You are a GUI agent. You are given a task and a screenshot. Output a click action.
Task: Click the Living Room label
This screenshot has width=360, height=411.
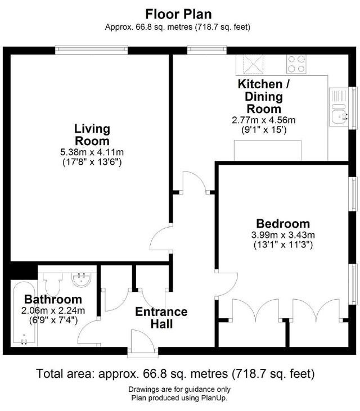click(x=92, y=135)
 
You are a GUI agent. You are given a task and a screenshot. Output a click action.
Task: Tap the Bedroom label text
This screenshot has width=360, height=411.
click(x=283, y=224)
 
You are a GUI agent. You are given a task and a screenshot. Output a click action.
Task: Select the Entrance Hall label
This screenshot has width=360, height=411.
click(x=161, y=318)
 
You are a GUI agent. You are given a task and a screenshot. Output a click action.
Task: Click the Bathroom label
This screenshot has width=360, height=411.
click(x=53, y=299)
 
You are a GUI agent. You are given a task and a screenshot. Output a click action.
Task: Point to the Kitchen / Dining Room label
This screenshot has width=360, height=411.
click(x=264, y=97)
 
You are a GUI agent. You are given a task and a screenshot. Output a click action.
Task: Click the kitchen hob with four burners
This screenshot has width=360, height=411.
click(x=296, y=64)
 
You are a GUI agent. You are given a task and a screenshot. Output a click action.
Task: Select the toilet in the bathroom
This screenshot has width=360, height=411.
click(x=53, y=284)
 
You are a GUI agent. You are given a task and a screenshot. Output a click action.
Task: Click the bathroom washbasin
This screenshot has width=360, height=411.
click(x=82, y=279)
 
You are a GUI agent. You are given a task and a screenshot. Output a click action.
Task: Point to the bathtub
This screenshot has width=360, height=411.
click(x=24, y=314)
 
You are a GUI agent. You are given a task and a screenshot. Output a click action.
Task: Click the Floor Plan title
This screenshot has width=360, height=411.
click(x=178, y=14)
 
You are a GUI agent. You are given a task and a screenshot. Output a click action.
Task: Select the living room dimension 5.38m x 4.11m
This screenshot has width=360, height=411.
click(x=92, y=152)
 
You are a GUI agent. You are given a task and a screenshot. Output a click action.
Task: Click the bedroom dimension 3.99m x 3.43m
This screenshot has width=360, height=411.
click(x=283, y=235)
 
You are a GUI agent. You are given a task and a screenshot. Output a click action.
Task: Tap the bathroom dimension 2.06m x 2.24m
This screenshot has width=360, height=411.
click(x=53, y=310)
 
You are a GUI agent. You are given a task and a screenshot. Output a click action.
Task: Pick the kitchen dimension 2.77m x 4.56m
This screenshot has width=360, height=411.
click(x=264, y=120)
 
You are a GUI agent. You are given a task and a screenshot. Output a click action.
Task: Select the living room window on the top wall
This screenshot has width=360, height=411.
click(x=92, y=50)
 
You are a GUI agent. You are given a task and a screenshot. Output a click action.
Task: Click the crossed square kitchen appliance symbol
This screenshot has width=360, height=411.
click(x=253, y=64)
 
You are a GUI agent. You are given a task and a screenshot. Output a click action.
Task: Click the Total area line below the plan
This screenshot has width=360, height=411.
click(x=175, y=374)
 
